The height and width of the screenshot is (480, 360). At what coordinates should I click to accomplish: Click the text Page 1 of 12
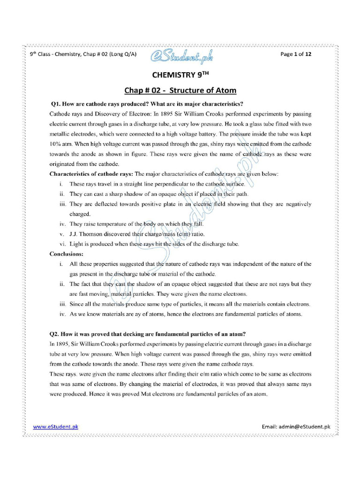[296, 54]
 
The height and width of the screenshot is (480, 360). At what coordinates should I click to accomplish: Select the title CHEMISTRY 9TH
[180, 75]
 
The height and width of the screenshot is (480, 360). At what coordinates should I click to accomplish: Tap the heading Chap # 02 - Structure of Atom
[180, 90]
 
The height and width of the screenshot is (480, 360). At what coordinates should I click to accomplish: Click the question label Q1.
[56, 104]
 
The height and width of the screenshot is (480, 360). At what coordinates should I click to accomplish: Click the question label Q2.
[56, 334]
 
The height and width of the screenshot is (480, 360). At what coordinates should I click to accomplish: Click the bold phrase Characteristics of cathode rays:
[91, 174]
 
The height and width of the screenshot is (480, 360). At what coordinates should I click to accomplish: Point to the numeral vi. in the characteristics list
[62, 244]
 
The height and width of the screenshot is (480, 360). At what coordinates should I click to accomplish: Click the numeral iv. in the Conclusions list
[62, 314]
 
